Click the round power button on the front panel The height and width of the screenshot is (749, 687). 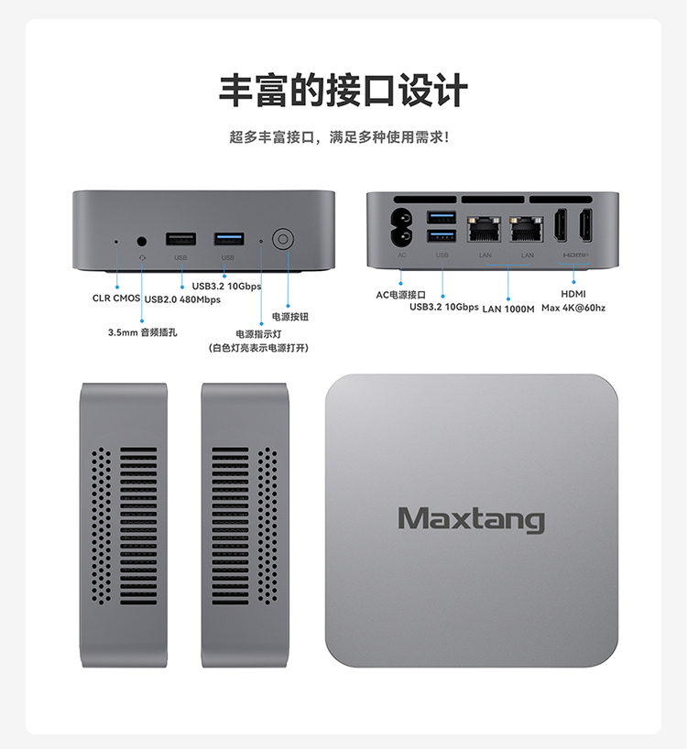tap(282, 240)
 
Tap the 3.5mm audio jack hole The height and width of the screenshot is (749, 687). tap(142, 241)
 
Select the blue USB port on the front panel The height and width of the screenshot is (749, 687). tap(228, 239)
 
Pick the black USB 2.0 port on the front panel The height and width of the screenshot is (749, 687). tap(180, 239)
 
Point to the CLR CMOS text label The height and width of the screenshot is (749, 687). tap(116, 299)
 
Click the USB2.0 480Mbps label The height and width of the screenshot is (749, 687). tap(182, 299)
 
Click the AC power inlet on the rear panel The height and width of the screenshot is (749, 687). tap(401, 228)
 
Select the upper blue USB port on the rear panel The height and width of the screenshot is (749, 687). tap(442, 218)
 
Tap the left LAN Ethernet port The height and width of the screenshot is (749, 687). tap(483, 229)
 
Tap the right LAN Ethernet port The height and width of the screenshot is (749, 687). tap(527, 229)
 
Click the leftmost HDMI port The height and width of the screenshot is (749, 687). tap(562, 227)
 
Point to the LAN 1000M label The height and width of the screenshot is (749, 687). tap(508, 309)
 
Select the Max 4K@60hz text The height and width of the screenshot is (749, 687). tap(573, 308)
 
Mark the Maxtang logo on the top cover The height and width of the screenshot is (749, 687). tap(471, 519)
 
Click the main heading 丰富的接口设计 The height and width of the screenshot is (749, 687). tap(343, 92)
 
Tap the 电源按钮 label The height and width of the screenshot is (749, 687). tap(290, 317)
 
